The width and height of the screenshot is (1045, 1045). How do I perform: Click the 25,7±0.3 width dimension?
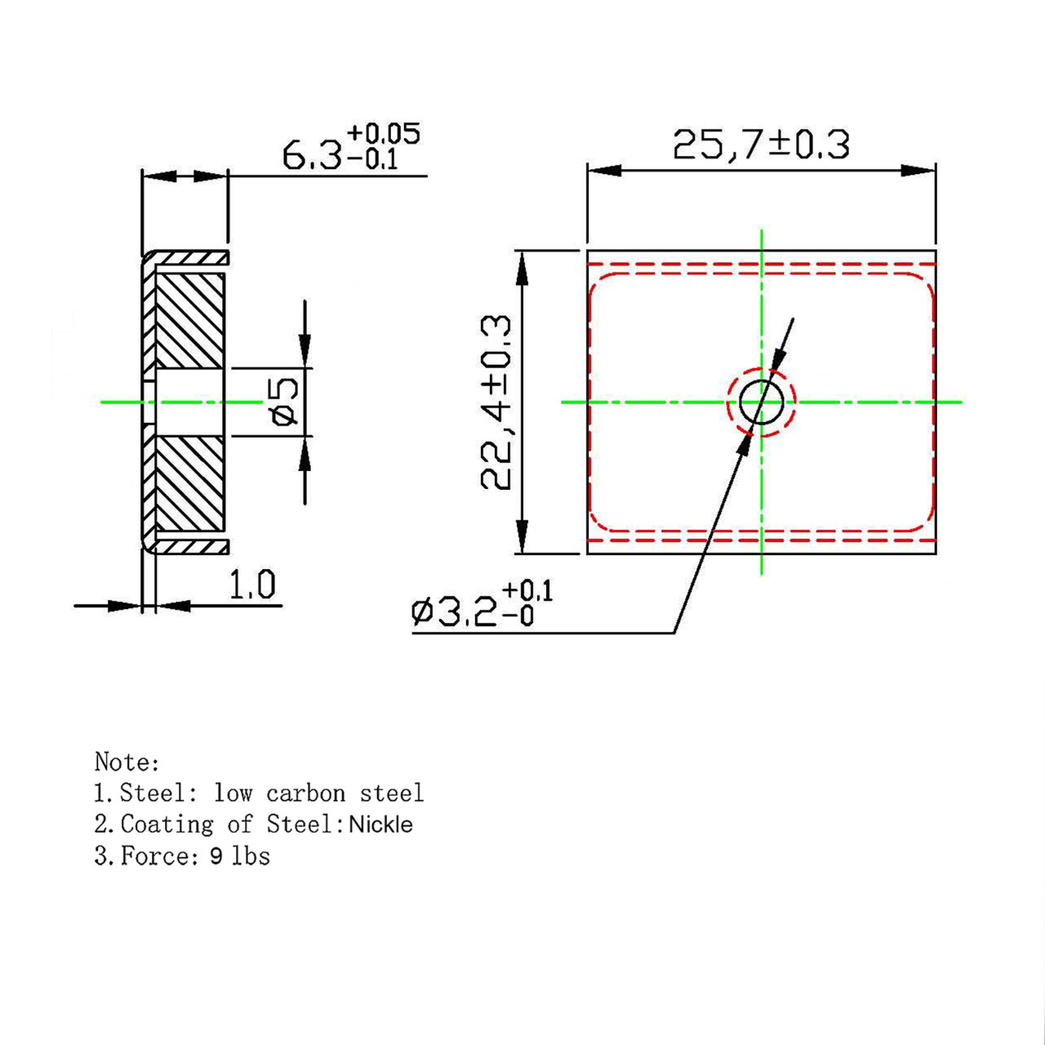(761, 145)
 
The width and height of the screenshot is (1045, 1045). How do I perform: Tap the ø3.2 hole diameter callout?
(482, 605)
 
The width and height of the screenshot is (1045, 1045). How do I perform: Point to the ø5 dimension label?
(283, 402)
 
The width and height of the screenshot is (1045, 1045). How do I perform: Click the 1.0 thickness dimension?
(251, 585)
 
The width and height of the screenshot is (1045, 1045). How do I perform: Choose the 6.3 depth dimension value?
(312, 156)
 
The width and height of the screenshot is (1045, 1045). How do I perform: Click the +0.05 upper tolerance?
(384, 134)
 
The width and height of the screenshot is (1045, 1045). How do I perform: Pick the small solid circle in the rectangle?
(762, 402)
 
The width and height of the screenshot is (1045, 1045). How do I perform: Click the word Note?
(127, 762)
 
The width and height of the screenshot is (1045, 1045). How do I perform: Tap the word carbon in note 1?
(306, 794)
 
